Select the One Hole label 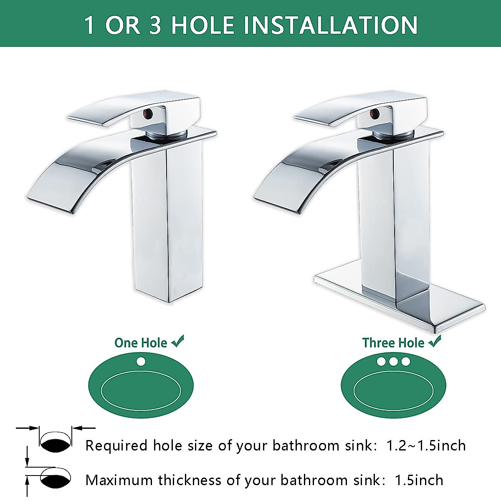[141, 343]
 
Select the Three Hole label [393, 343]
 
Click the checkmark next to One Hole [177, 342]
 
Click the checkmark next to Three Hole [435, 342]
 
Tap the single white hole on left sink [141, 361]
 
